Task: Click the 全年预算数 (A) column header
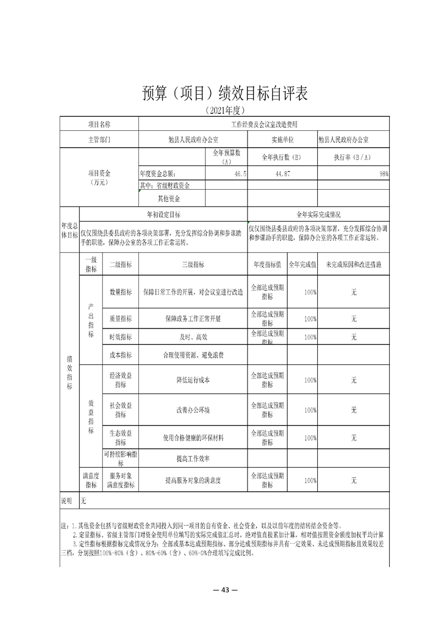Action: click(227, 157)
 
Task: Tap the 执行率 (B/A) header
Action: click(353, 157)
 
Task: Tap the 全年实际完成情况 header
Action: click(318, 214)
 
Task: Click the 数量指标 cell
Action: click(120, 292)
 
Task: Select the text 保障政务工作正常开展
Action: click(193, 318)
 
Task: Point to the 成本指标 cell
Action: click(120, 354)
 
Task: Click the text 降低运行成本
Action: click(193, 380)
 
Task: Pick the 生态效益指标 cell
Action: click(120, 437)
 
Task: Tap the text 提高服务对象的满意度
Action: click(193, 481)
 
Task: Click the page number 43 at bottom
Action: click(223, 590)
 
